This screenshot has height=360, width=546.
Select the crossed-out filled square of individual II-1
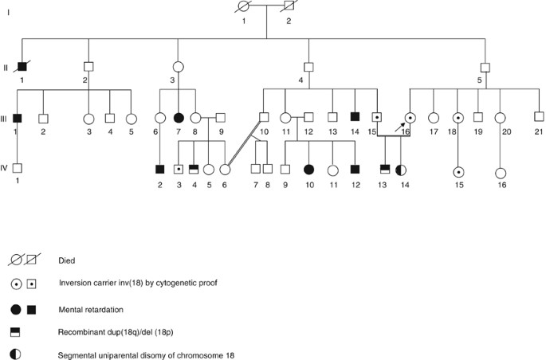[22, 66]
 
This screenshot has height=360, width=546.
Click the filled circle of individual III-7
[179, 118]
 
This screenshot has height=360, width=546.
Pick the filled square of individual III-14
[355, 118]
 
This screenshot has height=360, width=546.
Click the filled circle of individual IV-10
[308, 169]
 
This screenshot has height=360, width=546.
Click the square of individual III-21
[539, 118]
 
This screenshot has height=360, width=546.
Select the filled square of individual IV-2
[160, 169]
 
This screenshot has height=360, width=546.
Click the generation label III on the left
[6, 119]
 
